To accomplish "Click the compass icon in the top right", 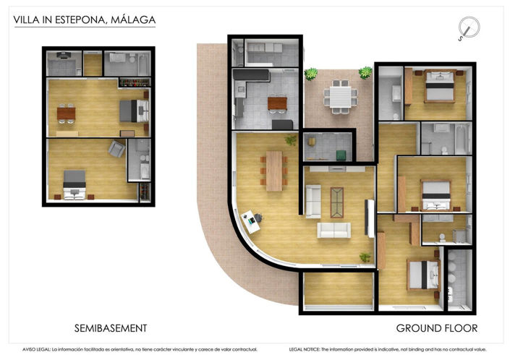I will [x=469, y=29].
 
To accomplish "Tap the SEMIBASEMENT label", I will [x=111, y=328].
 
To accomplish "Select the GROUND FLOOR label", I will [x=436, y=328].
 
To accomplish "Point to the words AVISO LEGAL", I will [x=36, y=348].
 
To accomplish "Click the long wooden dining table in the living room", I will [x=274, y=171].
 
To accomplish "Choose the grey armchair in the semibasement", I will [x=116, y=150].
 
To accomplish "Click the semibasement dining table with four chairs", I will [x=67, y=112].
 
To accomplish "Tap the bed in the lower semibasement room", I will [x=75, y=183].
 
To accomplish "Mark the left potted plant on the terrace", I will [x=311, y=73].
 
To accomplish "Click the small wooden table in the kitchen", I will [x=276, y=104].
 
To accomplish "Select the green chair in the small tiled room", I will [x=339, y=153].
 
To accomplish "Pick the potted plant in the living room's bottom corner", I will [x=365, y=257].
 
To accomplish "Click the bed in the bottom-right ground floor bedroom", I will [x=421, y=273].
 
